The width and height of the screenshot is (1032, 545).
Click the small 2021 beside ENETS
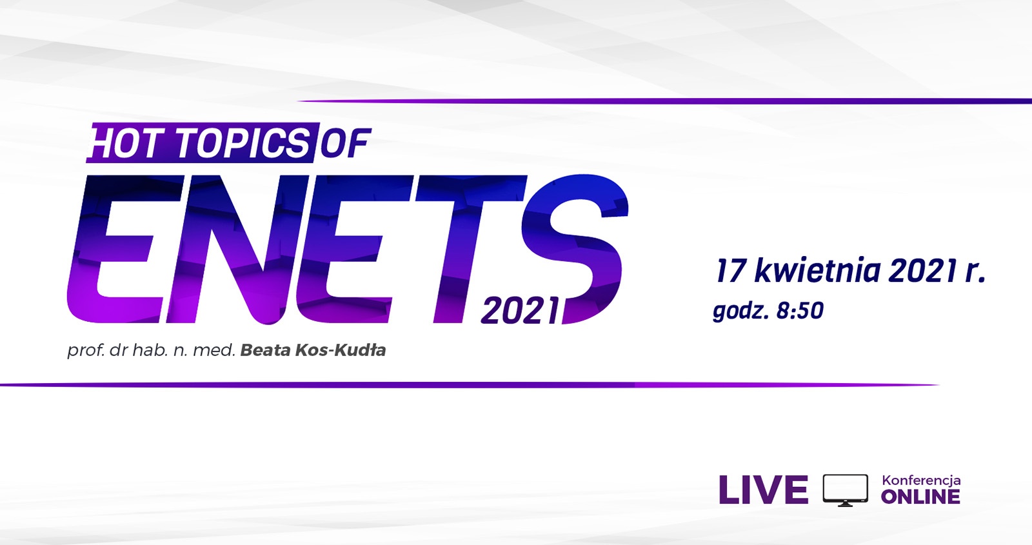click(x=520, y=312)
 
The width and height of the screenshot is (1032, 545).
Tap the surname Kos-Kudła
click(x=340, y=350)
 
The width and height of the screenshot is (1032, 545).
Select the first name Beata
click(x=265, y=350)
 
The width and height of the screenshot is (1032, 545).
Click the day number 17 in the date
click(x=730, y=271)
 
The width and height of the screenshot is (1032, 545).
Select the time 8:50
click(x=800, y=311)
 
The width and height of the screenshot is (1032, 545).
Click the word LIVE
click(x=764, y=490)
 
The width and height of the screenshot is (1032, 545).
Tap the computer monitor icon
click(x=846, y=490)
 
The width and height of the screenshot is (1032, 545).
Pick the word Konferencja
click(x=921, y=481)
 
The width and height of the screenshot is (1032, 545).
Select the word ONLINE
click(x=920, y=497)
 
